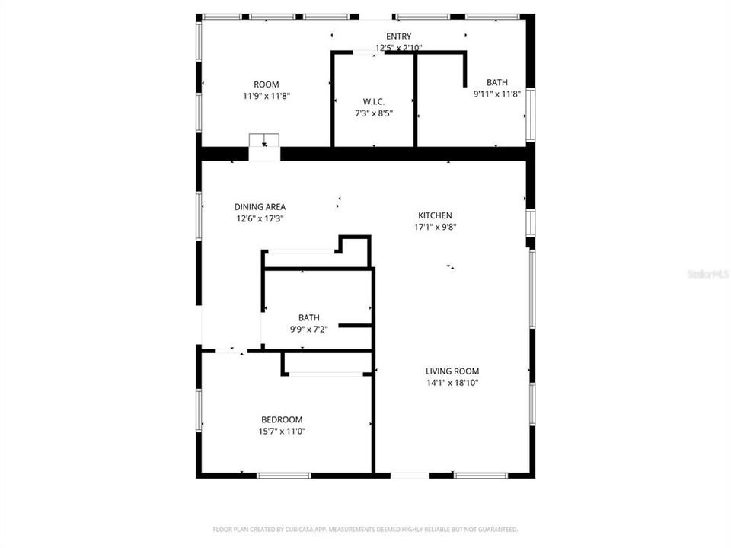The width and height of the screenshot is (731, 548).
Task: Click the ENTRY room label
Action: pyautogui.click(x=398, y=37)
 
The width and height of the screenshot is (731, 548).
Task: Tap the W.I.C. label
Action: pyautogui.click(x=373, y=102)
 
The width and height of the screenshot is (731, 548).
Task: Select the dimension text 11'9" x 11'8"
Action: pyautogui.click(x=267, y=96)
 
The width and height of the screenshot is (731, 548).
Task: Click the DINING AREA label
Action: pyautogui.click(x=260, y=207)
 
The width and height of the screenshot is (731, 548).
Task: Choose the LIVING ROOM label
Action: pyautogui.click(x=452, y=371)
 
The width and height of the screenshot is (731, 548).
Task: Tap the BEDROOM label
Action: pyautogui.click(x=282, y=419)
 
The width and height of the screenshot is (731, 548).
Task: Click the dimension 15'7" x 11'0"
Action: pyautogui.click(x=282, y=431)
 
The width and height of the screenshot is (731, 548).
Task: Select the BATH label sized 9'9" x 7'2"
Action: pyautogui.click(x=308, y=318)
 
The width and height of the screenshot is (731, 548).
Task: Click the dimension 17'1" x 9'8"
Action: pyautogui.click(x=435, y=227)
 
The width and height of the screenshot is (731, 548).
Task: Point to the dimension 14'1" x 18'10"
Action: pyautogui.click(x=452, y=383)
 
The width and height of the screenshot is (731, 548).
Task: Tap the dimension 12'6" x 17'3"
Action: pyautogui.click(x=260, y=218)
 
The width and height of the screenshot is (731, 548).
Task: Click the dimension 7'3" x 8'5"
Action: pyautogui.click(x=373, y=113)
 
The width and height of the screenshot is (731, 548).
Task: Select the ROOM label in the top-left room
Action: pyautogui.click(x=267, y=84)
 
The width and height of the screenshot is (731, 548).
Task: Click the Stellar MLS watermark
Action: pyautogui.click(x=707, y=273)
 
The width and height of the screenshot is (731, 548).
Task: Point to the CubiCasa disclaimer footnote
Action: pyautogui.click(x=365, y=529)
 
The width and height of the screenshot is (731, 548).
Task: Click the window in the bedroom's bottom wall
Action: pyautogui.click(x=284, y=476)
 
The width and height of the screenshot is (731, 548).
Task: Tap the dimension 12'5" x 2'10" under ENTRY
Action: pyautogui.click(x=398, y=47)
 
